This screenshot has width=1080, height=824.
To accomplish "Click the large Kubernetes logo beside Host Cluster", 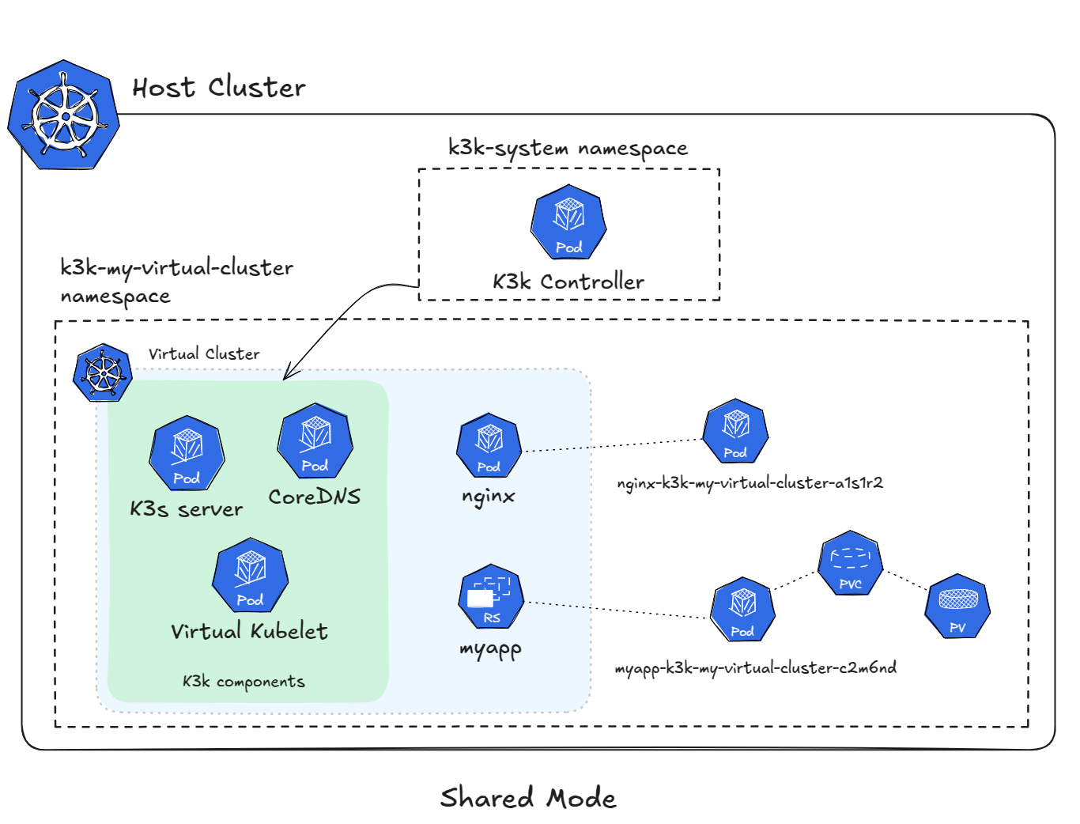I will coord(64,115).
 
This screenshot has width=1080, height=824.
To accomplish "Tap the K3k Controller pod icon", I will coord(568,222).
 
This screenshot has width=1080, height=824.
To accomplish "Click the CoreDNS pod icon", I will coord(315,441).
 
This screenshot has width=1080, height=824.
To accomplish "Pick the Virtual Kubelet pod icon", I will coord(250,576).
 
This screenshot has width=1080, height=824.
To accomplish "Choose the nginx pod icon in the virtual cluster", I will coord(489,445).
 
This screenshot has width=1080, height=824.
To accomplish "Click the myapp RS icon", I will coord(491,596).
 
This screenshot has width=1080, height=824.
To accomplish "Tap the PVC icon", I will coord(851,563).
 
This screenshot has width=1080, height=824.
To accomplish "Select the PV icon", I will coord(957,607).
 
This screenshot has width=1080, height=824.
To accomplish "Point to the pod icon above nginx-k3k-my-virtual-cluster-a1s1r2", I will coord(735,431).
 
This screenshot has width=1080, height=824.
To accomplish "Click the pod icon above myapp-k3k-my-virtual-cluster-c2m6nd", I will coord(742,610).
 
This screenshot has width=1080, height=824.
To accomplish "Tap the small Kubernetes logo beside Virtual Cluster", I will coord(103,372).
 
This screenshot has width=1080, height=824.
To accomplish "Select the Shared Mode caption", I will coord(528,797).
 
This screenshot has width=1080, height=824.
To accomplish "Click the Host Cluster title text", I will coord(219,88).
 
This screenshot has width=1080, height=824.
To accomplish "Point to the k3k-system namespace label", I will coord(568,149).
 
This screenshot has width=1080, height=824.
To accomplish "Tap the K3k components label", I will coord(244,682).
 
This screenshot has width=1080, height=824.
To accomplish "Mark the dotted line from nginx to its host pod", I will coord(613,445).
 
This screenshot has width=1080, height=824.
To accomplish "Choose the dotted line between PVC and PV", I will coord(905,580).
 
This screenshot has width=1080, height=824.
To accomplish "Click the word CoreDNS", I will coord(315,497).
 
